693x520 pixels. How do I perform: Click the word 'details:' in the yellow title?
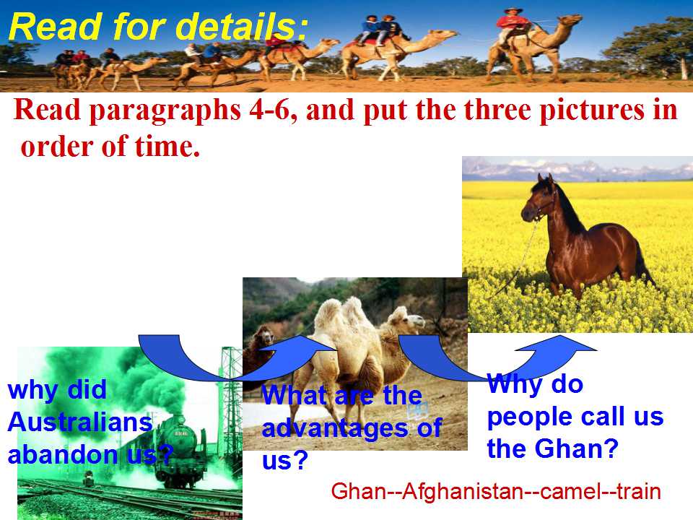click(242, 27)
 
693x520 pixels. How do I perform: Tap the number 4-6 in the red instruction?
click(269, 109)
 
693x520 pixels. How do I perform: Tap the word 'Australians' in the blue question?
click(80, 422)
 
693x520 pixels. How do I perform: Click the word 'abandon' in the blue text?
click(64, 454)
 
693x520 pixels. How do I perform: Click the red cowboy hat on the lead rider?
click(513, 10)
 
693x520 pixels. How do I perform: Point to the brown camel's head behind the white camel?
click(264, 336)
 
